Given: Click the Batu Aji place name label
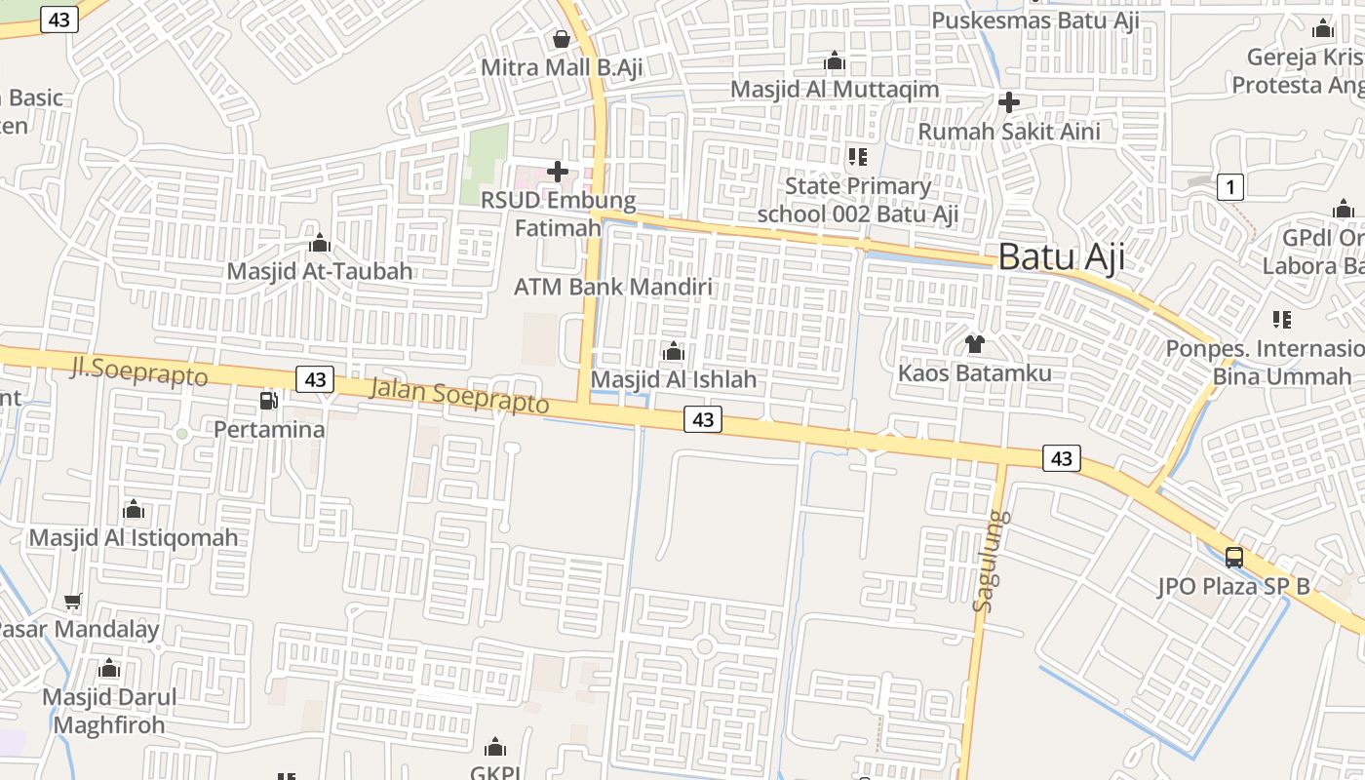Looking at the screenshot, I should click(x=1061, y=257).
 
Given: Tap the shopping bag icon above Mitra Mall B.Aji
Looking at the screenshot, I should click(x=562, y=39).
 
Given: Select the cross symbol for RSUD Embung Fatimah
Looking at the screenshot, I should click(x=558, y=172).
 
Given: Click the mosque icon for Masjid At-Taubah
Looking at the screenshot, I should click(x=320, y=243).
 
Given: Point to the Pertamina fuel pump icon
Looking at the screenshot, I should click(x=268, y=400).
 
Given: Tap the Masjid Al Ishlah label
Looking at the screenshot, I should click(x=674, y=379).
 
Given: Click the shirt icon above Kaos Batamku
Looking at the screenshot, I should click(x=974, y=343).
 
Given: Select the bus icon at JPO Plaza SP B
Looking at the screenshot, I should click(x=1234, y=558).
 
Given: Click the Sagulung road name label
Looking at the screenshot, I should click(x=993, y=562).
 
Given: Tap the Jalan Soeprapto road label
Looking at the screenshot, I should click(x=459, y=396).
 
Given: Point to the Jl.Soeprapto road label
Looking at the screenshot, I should click(x=139, y=370).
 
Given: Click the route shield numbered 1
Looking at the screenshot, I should click(x=1230, y=187).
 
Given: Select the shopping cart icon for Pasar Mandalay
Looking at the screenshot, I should click(x=72, y=601).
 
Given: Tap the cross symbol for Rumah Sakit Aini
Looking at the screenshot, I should click(x=1009, y=101).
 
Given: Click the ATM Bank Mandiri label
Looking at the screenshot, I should click(x=612, y=287).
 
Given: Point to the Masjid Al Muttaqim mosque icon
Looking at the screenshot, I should click(x=835, y=61).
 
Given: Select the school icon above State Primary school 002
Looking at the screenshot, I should click(x=858, y=156).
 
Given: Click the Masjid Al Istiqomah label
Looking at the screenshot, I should click(x=134, y=537).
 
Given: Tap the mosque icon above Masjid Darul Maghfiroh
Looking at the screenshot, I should click(x=109, y=669).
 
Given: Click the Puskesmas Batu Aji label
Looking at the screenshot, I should click(x=1035, y=20).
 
